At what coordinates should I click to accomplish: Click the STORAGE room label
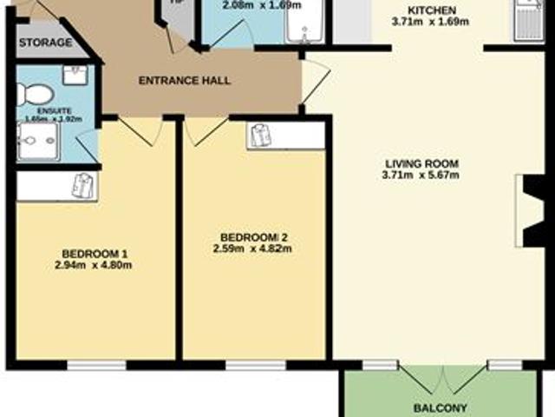(x=46, y=43)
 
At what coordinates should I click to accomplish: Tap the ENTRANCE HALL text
(x=185, y=81)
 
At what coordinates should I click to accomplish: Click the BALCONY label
(x=441, y=408)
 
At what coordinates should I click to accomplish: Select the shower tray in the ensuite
(x=38, y=141)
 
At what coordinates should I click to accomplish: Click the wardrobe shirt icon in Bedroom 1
(x=82, y=186)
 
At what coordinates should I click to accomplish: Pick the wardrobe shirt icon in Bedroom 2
(x=259, y=135)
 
